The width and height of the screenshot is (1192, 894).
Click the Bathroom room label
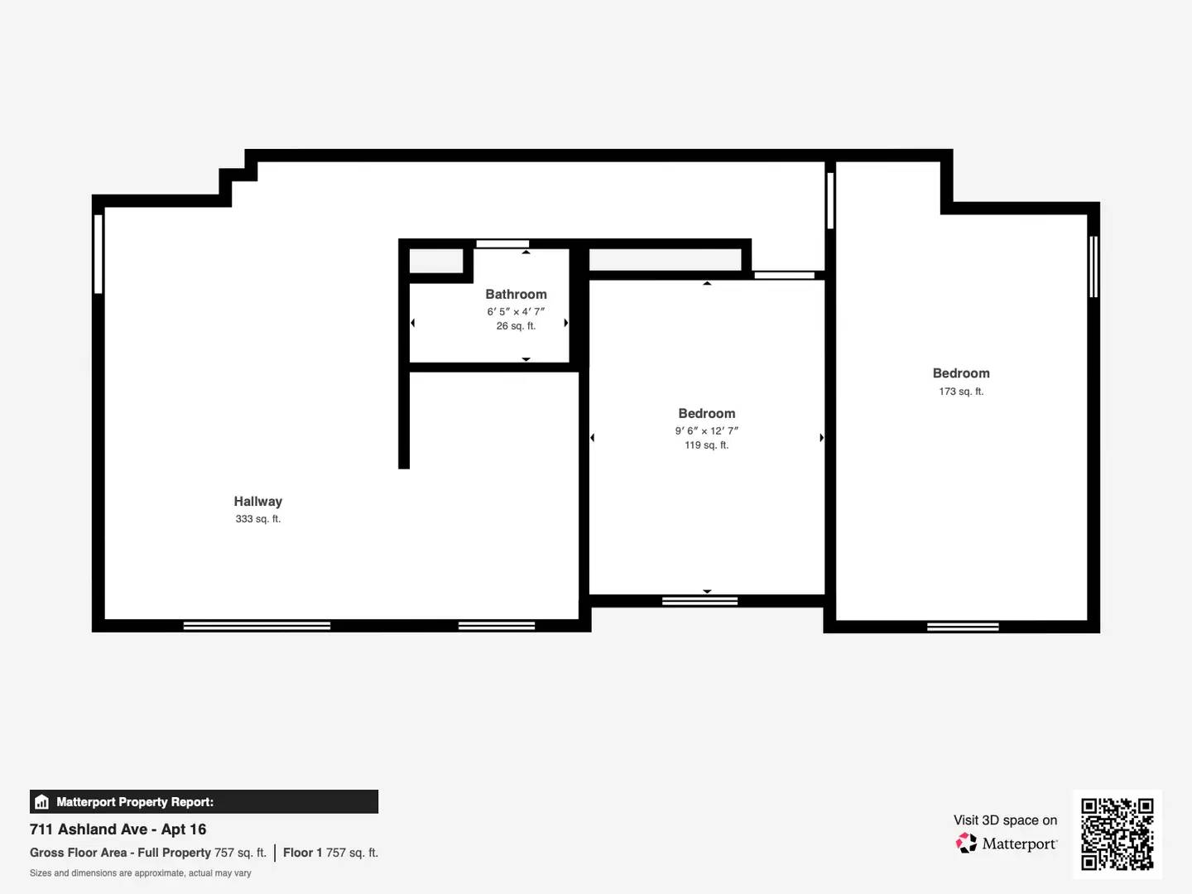(516, 294)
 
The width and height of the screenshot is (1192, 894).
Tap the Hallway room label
(257, 501)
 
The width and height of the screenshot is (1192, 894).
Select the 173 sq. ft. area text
(961, 392)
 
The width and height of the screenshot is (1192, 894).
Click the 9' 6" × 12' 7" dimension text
(706, 430)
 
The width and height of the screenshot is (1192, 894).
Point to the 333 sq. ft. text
(257, 519)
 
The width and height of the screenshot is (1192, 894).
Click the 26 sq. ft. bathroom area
(516, 326)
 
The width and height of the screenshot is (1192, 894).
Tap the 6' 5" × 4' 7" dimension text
(516, 311)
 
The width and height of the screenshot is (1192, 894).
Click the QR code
(1117, 834)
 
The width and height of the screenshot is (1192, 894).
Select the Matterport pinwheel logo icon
(966, 844)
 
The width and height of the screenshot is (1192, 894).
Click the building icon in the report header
(42, 802)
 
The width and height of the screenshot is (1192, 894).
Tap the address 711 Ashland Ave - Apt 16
(118, 829)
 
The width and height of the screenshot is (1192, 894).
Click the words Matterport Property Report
(135, 802)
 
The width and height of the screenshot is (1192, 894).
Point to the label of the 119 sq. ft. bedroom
(706, 413)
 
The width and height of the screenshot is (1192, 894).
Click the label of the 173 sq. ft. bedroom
(961, 373)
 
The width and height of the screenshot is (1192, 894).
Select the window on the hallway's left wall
(99, 253)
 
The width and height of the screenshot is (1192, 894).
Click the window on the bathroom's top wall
(502, 243)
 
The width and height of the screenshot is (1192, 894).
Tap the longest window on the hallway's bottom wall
(257, 626)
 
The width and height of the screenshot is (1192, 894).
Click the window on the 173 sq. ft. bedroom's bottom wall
(963, 627)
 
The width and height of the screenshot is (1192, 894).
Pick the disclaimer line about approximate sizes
(141, 873)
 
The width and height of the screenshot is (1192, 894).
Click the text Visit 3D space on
(1005, 820)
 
